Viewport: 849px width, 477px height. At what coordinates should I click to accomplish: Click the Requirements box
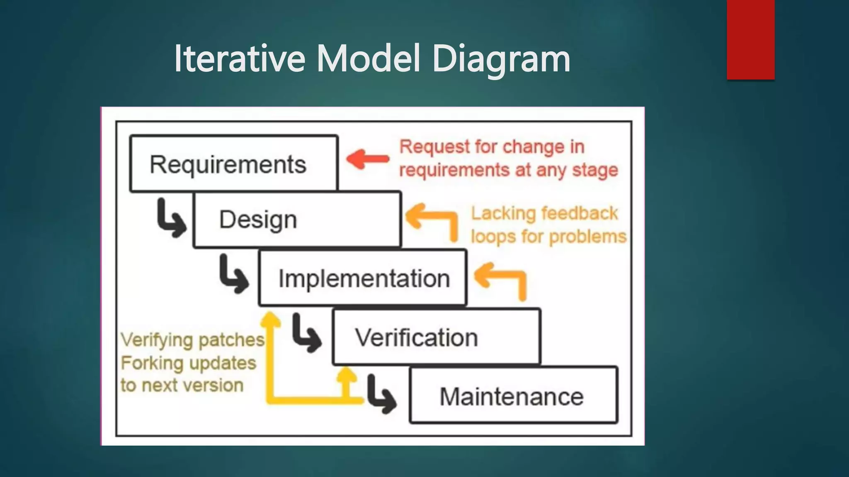(234, 164)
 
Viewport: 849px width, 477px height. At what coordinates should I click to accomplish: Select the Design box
(297, 219)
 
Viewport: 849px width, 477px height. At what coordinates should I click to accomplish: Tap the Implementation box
(363, 278)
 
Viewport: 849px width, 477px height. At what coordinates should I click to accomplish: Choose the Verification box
(436, 337)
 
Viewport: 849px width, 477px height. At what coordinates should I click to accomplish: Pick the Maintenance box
(513, 395)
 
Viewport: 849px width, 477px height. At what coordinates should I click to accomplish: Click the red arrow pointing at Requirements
(367, 159)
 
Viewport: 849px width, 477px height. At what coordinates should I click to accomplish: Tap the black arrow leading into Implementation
(233, 275)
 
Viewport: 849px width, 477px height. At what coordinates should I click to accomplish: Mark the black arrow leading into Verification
(306, 333)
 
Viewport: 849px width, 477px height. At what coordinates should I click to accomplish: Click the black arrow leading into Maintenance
(381, 395)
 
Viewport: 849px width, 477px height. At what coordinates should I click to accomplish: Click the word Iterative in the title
(239, 59)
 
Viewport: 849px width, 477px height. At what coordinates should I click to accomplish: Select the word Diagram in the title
(501, 59)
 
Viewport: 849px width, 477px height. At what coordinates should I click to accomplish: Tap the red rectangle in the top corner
(750, 39)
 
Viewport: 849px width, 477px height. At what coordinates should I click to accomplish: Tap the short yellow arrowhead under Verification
(346, 375)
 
